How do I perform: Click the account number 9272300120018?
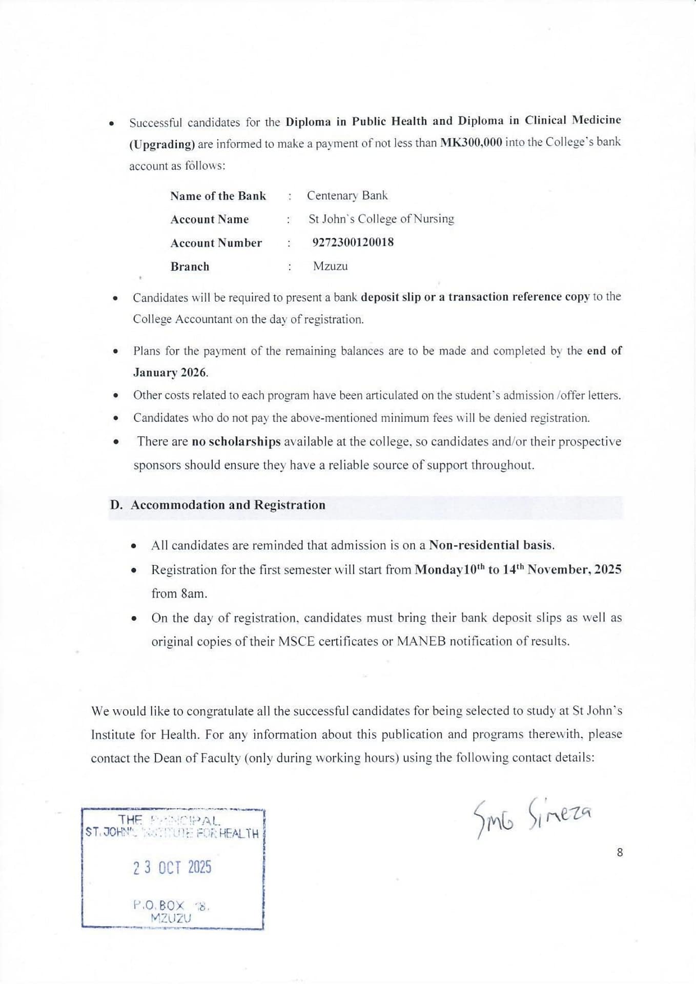click(x=353, y=242)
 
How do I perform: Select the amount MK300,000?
click(x=471, y=142)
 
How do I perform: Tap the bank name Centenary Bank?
click(x=347, y=195)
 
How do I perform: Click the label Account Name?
click(x=209, y=219)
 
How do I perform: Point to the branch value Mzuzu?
click(x=330, y=266)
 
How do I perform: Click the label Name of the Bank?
click(x=218, y=196)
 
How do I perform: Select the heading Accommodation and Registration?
click(x=228, y=505)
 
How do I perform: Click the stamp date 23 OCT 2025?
click(x=172, y=867)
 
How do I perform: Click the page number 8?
click(x=620, y=852)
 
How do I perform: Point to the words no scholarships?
click(x=236, y=441)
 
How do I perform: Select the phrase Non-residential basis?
click(x=491, y=545)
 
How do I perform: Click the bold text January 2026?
click(x=170, y=373)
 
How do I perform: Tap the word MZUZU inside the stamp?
click(x=171, y=918)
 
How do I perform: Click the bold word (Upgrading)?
click(x=161, y=144)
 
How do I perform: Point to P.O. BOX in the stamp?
click(x=158, y=905)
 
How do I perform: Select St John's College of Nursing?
click(x=381, y=219)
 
